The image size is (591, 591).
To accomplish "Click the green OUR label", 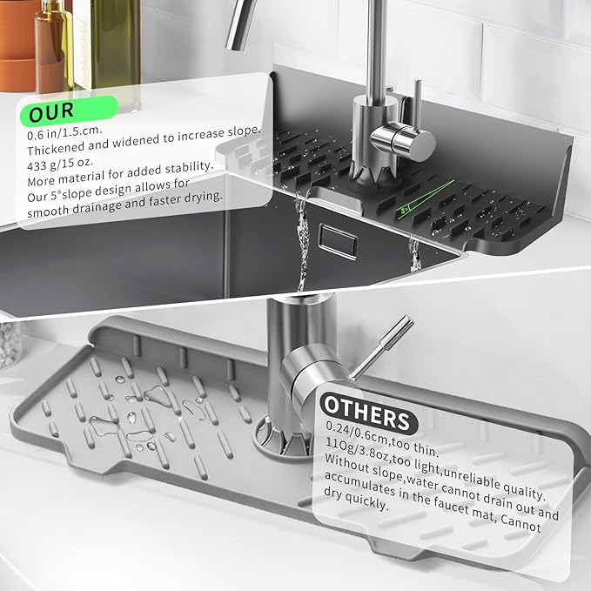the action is tap(69, 111).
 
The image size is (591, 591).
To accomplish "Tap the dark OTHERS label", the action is tap(368, 413).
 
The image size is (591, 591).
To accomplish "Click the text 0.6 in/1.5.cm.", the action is tap(64, 132).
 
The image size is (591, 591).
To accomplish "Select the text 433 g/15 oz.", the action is tap(59, 164).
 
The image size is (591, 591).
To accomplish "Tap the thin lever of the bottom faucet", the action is tap(383, 346).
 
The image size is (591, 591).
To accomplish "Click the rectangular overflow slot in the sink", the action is tap(338, 241).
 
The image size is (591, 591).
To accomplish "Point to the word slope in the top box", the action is tap(244, 131).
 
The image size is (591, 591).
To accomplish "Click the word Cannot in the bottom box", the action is tap(520, 523).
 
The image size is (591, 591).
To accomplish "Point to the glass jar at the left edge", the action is tap(10, 344).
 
